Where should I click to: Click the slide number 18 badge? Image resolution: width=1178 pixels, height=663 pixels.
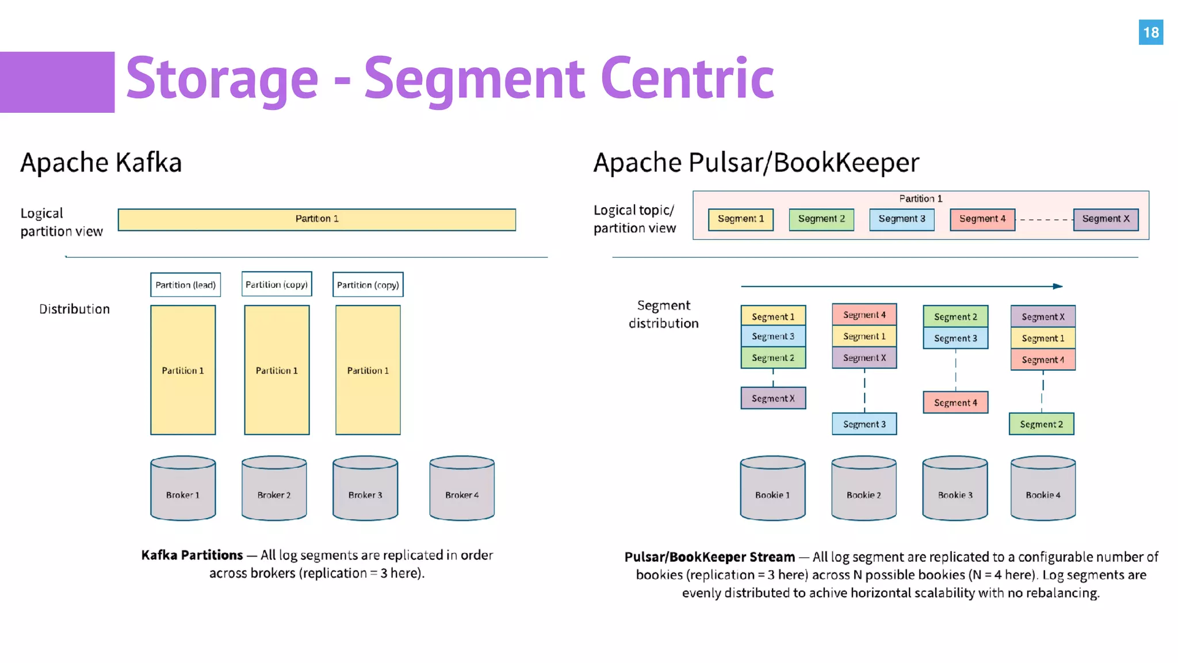[1150, 32]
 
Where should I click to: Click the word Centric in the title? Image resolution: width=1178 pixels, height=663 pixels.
[687, 79]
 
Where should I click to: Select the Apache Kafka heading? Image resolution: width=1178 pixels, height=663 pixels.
[101, 162]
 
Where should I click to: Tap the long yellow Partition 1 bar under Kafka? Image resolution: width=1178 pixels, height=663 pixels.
[317, 219]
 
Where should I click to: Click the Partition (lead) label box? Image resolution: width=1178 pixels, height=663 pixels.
[185, 285]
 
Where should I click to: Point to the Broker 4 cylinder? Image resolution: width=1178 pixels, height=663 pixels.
[462, 489]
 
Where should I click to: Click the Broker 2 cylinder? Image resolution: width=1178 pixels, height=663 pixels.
[274, 489]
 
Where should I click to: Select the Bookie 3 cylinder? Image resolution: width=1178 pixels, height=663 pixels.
[955, 489]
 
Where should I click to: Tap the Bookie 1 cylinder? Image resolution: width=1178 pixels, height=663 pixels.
[772, 489]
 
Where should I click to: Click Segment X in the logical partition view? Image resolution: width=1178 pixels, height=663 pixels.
[1106, 219]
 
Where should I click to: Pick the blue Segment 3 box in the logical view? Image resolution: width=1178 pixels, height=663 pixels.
[901, 219]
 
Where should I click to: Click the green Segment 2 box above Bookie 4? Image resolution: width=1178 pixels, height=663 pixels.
[1041, 424]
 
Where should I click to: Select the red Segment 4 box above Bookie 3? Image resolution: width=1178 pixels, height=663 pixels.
[955, 403]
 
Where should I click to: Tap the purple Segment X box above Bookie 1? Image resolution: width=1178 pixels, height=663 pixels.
[773, 398]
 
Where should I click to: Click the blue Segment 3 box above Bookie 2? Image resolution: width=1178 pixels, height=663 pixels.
[864, 424]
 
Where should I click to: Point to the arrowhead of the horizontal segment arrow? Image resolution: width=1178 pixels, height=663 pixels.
[1058, 286]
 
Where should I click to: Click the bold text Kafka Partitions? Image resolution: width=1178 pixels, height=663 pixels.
[192, 555]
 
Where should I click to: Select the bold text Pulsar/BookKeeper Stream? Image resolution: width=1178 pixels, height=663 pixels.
[709, 557]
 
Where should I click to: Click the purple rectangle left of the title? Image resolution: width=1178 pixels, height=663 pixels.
[57, 82]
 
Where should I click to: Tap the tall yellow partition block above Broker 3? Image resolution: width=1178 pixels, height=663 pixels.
[368, 370]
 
